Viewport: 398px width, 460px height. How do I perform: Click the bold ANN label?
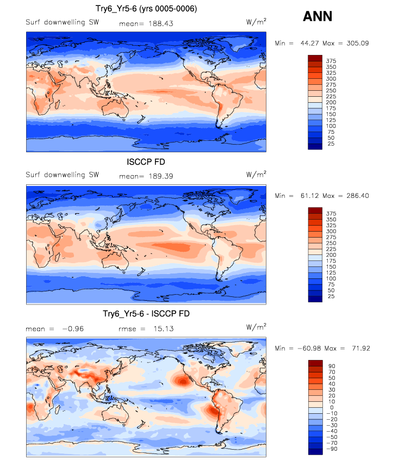click(317, 17)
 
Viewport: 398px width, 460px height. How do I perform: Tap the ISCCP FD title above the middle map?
click(146, 161)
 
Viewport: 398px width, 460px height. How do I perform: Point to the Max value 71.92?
click(359, 348)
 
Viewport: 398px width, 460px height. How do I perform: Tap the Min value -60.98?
click(311, 348)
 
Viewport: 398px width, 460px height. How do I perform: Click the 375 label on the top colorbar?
click(332, 60)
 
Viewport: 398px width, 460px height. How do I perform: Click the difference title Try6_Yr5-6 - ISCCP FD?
click(146, 314)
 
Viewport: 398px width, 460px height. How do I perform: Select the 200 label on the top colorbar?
click(332, 102)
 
